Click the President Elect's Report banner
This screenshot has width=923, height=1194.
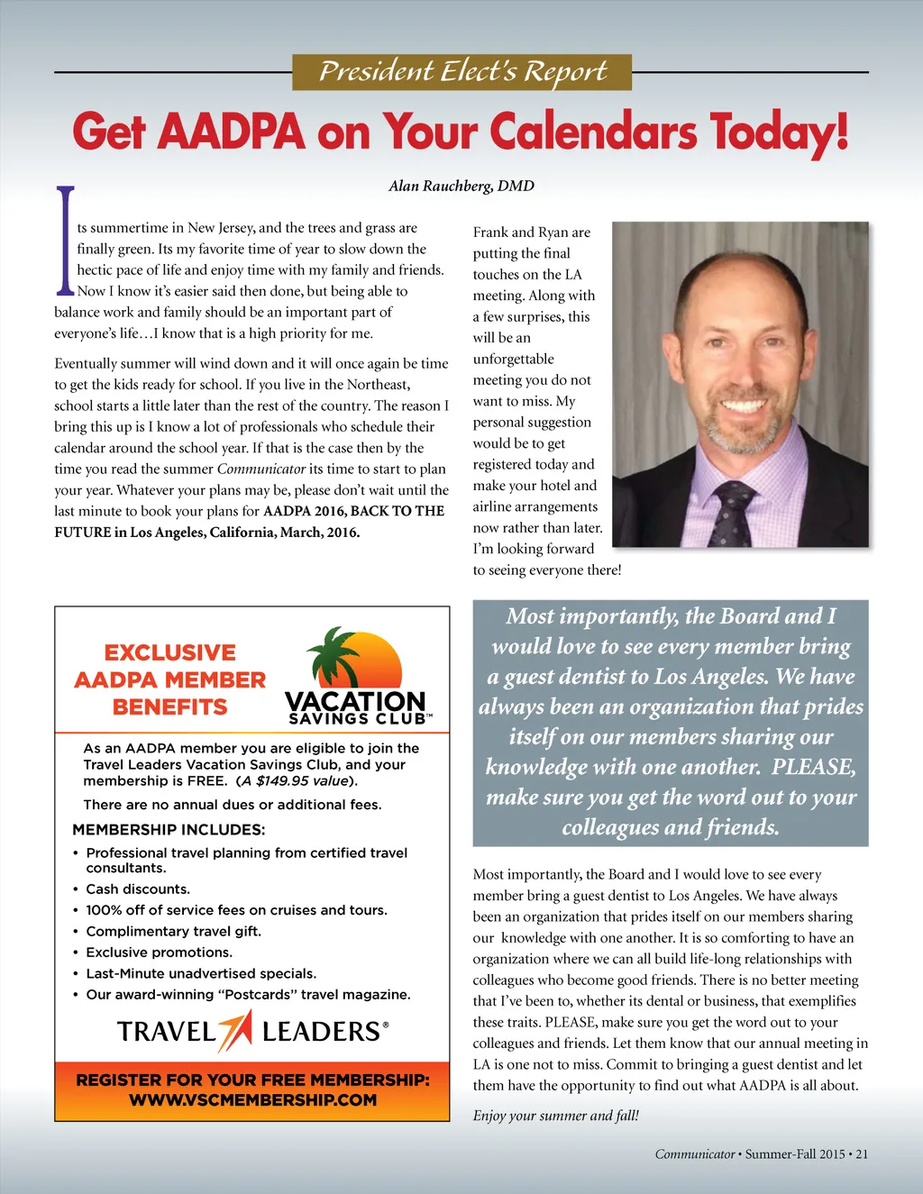point(461,72)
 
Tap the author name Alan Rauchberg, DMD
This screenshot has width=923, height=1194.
point(461,186)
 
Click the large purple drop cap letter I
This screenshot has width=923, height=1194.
point(65,240)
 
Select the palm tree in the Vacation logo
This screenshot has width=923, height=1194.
point(334,655)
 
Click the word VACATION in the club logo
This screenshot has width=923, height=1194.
point(355,701)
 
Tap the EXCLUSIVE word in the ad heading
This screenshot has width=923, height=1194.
point(169,652)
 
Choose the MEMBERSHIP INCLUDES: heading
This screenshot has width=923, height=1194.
point(169,829)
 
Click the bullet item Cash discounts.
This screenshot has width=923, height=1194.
point(137,889)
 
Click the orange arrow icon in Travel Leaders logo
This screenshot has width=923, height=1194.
point(237,1030)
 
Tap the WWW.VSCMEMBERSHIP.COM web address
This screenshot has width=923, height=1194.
point(252,1099)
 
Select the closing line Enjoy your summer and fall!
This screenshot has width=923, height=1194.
point(556,1116)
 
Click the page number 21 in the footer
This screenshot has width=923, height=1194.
point(862,1153)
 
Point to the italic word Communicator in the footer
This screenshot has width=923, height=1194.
point(694,1153)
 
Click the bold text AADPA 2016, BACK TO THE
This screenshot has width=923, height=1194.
point(353,511)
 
